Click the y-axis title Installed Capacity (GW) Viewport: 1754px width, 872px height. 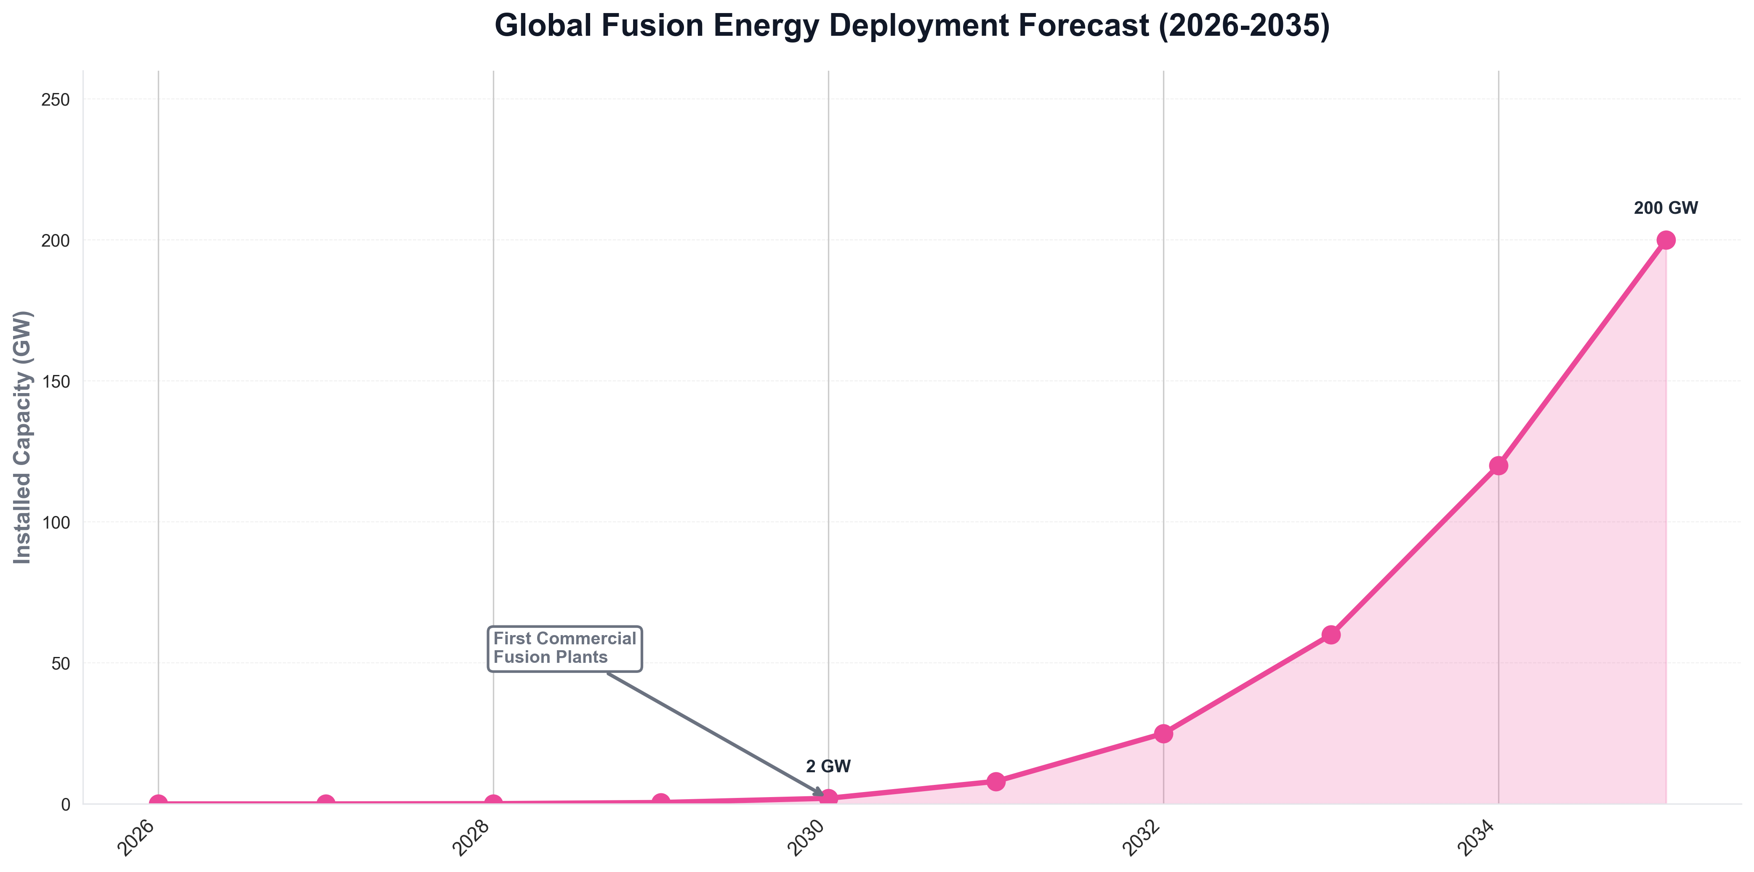pos(23,437)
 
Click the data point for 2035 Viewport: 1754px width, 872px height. pos(1666,240)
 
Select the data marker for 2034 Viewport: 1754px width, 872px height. pos(1498,465)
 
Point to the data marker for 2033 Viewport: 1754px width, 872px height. pos(1331,634)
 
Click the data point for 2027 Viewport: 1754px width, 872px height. pos(326,803)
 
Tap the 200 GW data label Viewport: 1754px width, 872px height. pos(1666,208)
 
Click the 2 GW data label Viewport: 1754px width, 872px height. pos(828,766)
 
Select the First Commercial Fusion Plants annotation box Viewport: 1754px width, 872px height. pos(564,648)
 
